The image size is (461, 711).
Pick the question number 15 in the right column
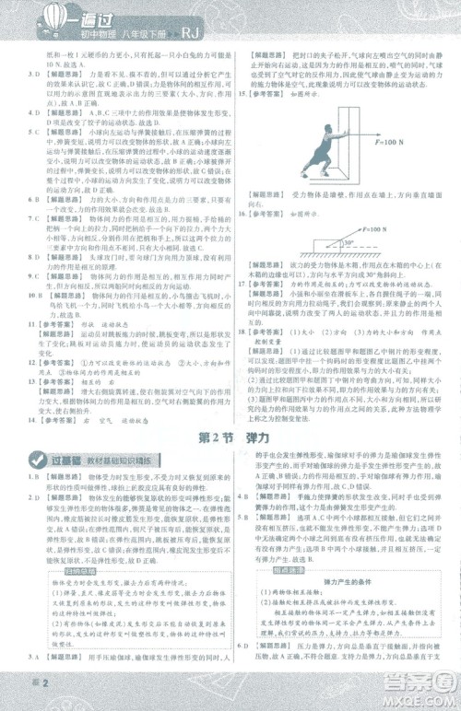[242, 94]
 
